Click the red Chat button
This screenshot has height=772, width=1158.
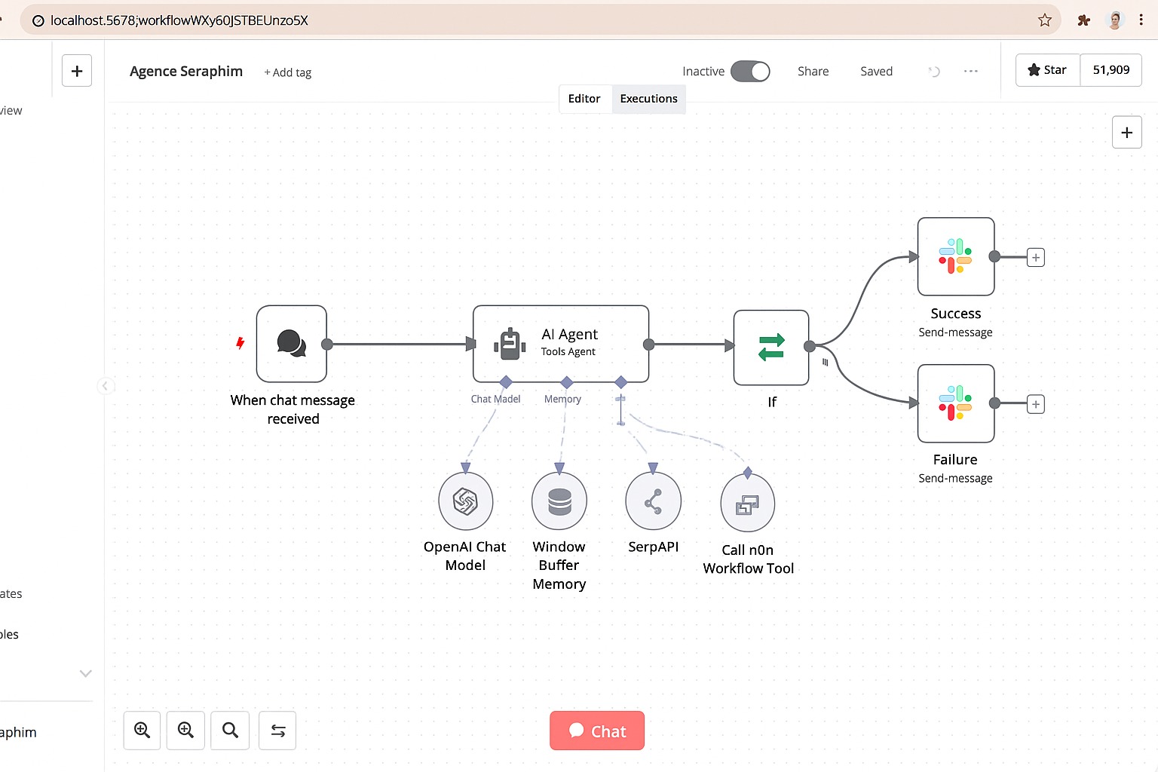coord(596,731)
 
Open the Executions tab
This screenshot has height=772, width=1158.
coord(648,99)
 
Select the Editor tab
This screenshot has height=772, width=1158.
coord(584,99)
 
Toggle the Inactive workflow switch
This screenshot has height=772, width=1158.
coord(750,72)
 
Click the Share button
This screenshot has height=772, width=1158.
coord(813,72)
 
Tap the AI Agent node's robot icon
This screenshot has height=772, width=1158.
coord(510,344)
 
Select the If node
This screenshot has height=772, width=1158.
coord(771,348)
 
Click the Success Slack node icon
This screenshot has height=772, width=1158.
coord(955,256)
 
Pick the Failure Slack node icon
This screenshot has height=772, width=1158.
coord(955,403)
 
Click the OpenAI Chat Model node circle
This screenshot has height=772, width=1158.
coord(466,501)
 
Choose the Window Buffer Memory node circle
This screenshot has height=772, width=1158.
coord(559,501)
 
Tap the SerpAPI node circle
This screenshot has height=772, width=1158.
coord(653,501)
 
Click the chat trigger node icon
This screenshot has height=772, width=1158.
coord(292,344)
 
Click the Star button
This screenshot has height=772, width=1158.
coord(1048,70)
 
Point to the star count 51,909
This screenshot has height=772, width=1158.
coord(1111,70)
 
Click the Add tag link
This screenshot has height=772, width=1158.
coord(288,72)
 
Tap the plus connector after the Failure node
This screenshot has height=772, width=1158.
coord(1036,404)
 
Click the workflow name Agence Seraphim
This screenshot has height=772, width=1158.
coord(186,72)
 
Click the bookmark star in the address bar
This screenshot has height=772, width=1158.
coord(1045,20)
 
